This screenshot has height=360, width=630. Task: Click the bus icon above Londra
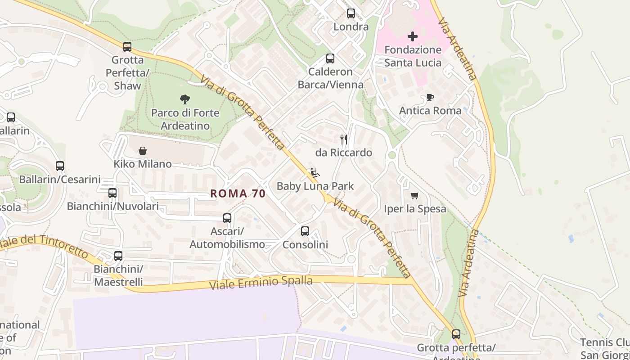pyautogui.click(x=351, y=13)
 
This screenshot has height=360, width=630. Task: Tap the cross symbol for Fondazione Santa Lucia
pyautogui.click(x=413, y=36)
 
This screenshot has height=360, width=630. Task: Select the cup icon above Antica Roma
pyautogui.click(x=430, y=97)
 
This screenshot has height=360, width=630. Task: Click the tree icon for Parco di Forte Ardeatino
pyautogui.click(x=184, y=99)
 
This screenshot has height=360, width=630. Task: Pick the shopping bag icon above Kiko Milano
pyautogui.click(x=143, y=151)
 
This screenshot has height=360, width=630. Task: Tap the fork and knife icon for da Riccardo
pyautogui.click(x=344, y=139)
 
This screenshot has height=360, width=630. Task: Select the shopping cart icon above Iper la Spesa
pyautogui.click(x=415, y=195)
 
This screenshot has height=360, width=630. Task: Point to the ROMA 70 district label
pyautogui.click(x=238, y=194)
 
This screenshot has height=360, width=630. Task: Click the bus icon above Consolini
pyautogui.click(x=305, y=231)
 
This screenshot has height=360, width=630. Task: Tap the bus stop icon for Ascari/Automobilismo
pyautogui.click(x=227, y=218)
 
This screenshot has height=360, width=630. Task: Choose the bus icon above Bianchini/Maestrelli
pyautogui.click(x=118, y=256)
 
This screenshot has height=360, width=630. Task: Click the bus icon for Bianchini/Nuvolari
pyautogui.click(x=112, y=193)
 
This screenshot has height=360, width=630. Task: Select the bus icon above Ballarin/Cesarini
pyautogui.click(x=60, y=166)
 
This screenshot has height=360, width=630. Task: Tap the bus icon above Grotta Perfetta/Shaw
pyautogui.click(x=127, y=46)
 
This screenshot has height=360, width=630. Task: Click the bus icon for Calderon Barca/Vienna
pyautogui.click(x=330, y=58)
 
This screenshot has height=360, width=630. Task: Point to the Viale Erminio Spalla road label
pyautogui.click(x=261, y=283)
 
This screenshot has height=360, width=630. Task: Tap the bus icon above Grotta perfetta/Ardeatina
pyautogui.click(x=456, y=334)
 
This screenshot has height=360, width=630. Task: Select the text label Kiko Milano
pyautogui.click(x=143, y=164)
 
